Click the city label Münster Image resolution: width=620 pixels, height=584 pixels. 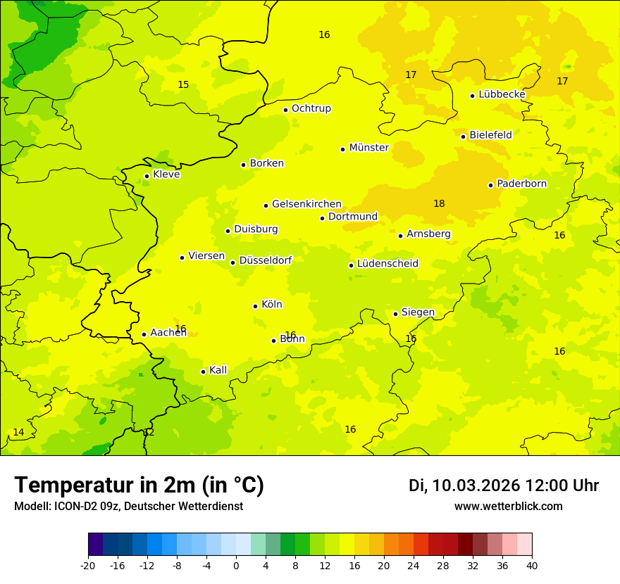[368, 148]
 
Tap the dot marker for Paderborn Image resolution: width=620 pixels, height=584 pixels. [490, 185]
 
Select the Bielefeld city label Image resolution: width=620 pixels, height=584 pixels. [490, 134]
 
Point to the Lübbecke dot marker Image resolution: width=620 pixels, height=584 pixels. [472, 96]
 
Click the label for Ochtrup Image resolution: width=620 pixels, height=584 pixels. [311, 108]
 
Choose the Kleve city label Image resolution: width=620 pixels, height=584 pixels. [166, 174]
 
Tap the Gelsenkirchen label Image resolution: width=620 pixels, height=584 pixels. [306, 204]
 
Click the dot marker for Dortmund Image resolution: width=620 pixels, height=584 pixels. [322, 218]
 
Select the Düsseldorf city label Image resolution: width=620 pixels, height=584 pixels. [266, 260]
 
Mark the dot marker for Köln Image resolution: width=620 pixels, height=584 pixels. [255, 306]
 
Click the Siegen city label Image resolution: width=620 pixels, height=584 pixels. [418, 312]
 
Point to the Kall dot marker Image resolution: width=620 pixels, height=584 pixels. [203, 372]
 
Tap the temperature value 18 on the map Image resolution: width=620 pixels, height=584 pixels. [439, 203]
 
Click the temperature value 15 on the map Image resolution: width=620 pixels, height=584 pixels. [183, 84]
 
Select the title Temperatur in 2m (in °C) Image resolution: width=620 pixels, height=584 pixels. [139, 485]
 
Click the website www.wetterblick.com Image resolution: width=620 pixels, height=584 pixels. [508, 507]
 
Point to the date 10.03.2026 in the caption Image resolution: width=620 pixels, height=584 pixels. [476, 485]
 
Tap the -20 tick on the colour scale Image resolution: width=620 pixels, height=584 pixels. [88, 565]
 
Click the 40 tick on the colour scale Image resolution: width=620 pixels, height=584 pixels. [532, 565]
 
